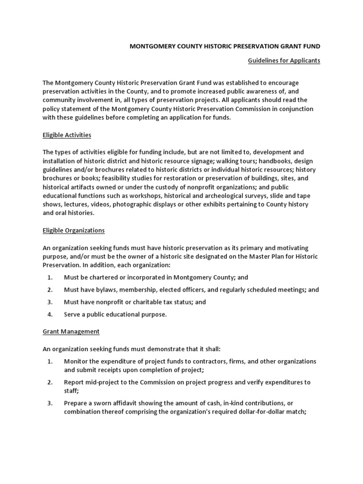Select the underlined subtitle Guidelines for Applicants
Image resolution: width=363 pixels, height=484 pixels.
pos(284,60)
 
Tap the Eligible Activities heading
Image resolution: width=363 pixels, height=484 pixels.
pos(67,135)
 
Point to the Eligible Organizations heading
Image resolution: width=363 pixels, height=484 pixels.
pos(73,230)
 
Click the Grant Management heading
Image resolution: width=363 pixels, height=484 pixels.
pos(71,331)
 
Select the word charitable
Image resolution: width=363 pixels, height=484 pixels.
pos(149,302)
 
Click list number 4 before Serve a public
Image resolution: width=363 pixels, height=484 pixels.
pos(50,314)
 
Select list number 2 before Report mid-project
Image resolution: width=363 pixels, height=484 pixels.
pos(50,382)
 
